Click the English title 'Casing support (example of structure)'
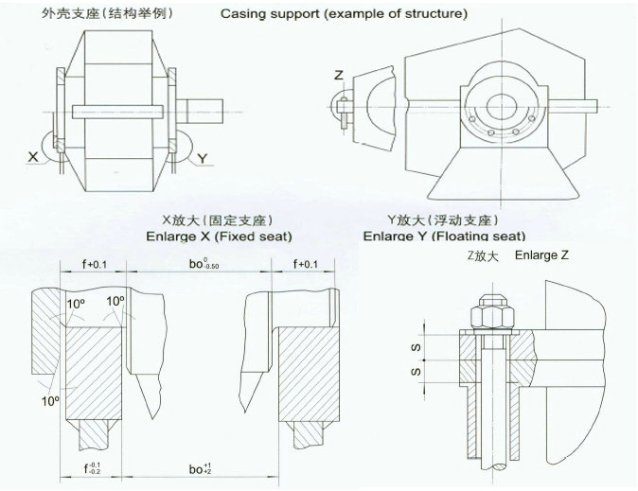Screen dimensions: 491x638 pyautogui.click(x=344, y=15)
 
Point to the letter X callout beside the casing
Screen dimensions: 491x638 pyautogui.click(x=33, y=157)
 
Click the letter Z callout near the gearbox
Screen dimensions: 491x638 pyautogui.click(x=339, y=74)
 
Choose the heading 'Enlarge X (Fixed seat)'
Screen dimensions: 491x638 pyautogui.click(x=219, y=235)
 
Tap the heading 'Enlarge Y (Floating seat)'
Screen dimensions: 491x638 pyautogui.click(x=445, y=235)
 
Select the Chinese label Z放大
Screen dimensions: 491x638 pyautogui.click(x=481, y=256)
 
